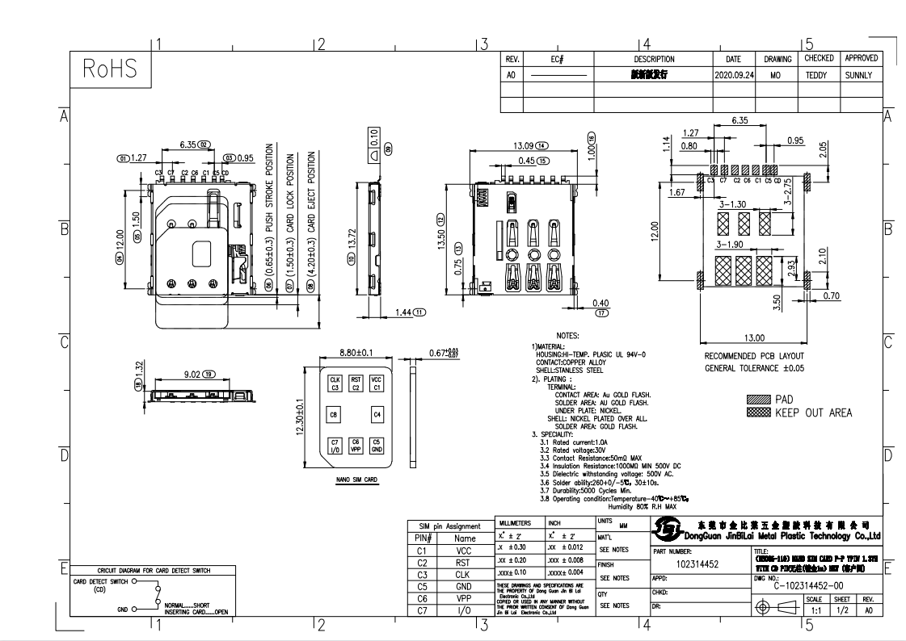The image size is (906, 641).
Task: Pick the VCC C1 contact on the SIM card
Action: [x=376, y=383]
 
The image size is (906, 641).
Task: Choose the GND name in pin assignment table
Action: [x=465, y=587]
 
